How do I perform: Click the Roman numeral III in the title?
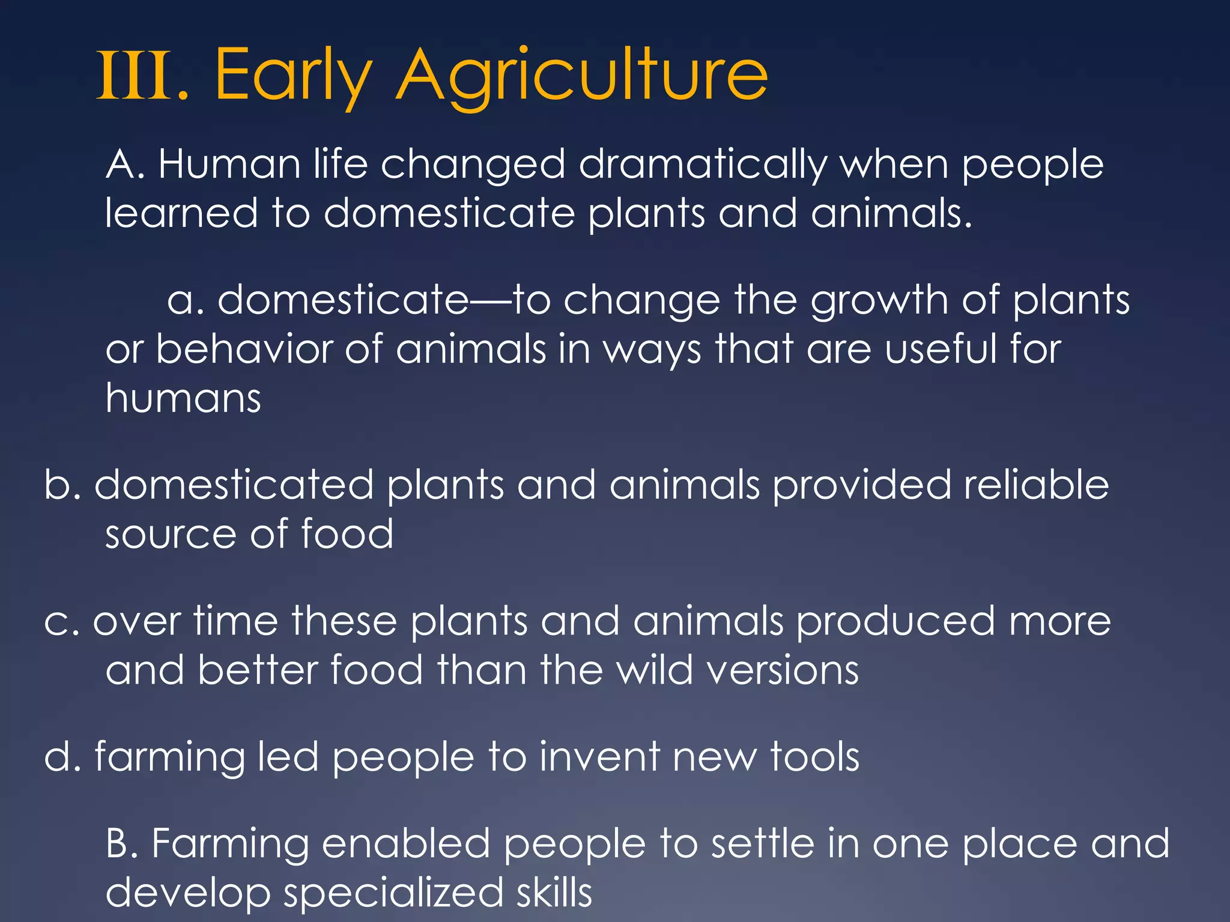point(137,77)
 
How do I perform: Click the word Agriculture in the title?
point(581,77)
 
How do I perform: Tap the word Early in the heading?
point(293,77)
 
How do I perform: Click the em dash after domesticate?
point(490,300)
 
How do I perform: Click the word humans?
point(183,398)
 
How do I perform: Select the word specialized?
point(393,893)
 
